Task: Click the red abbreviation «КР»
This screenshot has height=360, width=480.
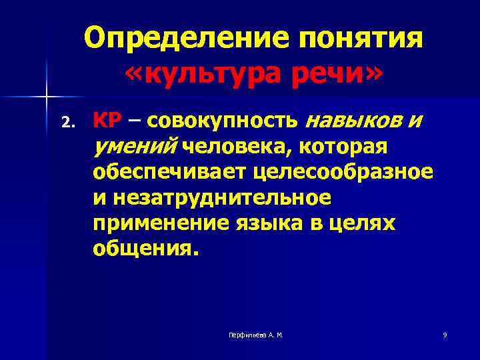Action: [107, 121]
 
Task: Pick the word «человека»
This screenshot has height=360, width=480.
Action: [229, 145]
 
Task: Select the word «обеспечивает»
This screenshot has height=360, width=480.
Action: [169, 172]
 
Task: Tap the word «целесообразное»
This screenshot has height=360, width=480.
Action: [343, 172]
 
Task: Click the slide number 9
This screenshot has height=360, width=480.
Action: [445, 335]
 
